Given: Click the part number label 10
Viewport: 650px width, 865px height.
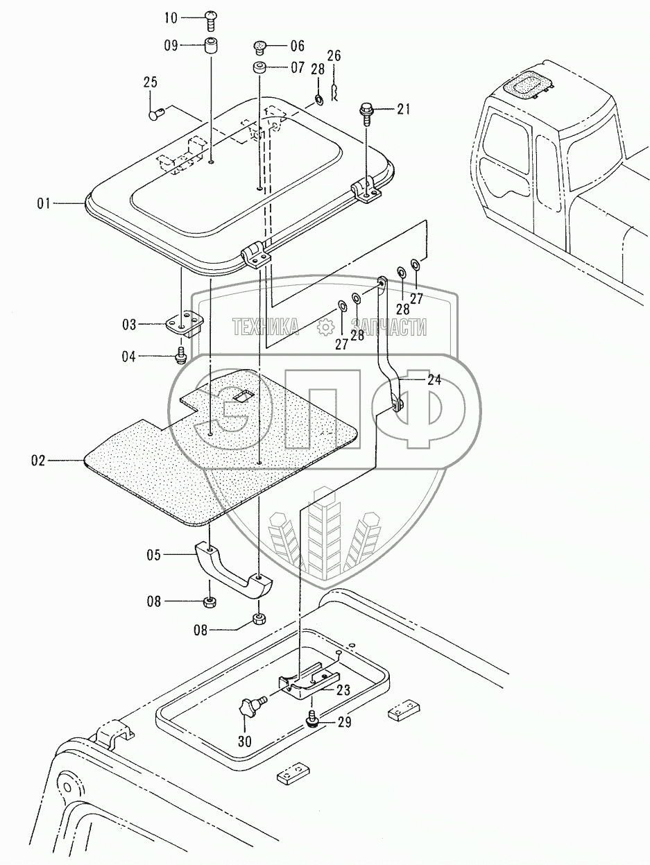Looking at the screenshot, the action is [171, 18].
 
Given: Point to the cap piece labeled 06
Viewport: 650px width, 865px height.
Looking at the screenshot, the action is [259, 47].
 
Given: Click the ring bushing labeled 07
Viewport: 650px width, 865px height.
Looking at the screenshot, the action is [259, 68].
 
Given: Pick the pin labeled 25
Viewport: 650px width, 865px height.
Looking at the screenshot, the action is [157, 114].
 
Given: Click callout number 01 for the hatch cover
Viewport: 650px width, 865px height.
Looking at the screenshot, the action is [44, 204].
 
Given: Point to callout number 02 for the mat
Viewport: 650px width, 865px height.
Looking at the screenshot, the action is [39, 461].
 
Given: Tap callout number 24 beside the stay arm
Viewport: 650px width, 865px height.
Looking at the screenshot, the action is [434, 379].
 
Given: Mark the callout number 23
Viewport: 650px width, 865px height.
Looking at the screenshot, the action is [343, 690].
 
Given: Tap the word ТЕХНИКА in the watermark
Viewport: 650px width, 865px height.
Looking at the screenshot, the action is [266, 327].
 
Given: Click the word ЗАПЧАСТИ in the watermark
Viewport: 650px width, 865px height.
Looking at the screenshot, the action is [388, 327].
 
